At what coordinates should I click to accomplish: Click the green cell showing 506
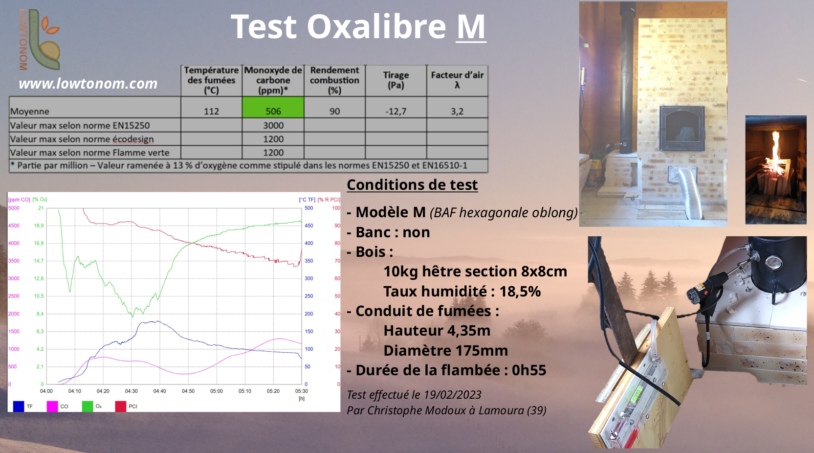point(273,107)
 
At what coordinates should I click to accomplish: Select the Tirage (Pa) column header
point(396,80)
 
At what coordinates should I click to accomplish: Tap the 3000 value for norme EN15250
point(273,125)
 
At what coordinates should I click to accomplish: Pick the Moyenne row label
point(29,111)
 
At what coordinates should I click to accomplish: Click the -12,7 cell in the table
point(396,111)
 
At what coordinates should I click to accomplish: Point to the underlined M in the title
point(471,26)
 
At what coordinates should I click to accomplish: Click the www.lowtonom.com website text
point(88,84)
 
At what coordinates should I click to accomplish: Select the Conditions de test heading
point(412,185)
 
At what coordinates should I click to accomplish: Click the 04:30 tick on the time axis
point(131,391)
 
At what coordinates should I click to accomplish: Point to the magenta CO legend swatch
point(52,407)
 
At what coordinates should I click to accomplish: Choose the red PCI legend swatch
point(121,407)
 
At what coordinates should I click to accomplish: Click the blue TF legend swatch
point(19,407)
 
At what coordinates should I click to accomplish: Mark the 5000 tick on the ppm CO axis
point(14,208)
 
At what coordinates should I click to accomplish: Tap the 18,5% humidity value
point(520,292)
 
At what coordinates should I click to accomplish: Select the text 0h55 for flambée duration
point(529,370)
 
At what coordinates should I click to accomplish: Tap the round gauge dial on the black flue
point(774,263)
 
